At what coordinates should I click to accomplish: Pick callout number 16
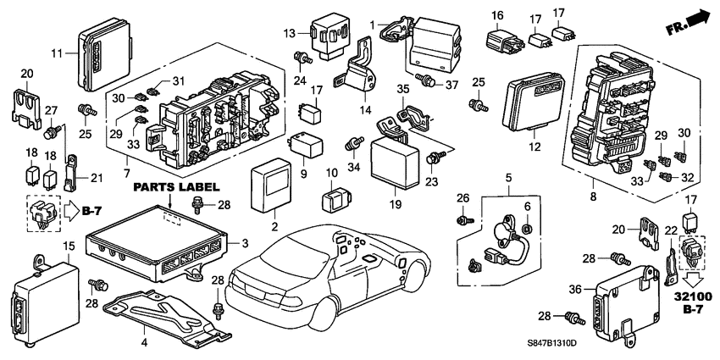pos(497,15)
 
